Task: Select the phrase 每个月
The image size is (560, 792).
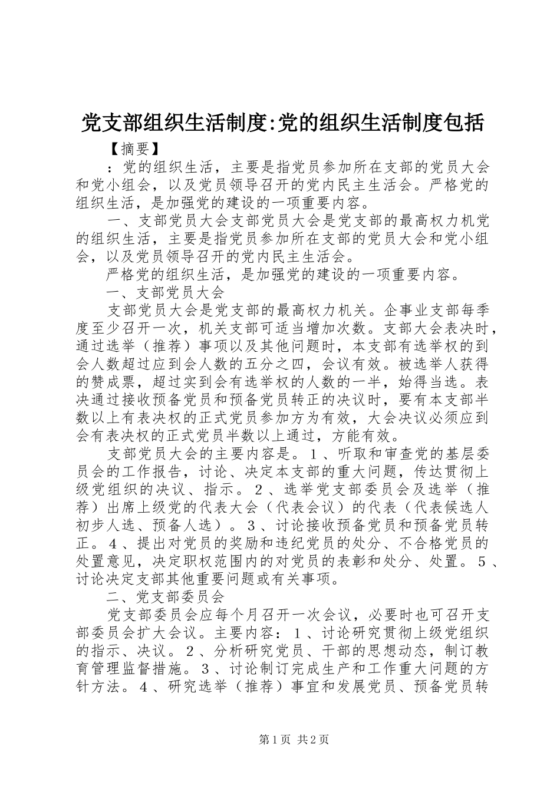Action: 225,615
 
